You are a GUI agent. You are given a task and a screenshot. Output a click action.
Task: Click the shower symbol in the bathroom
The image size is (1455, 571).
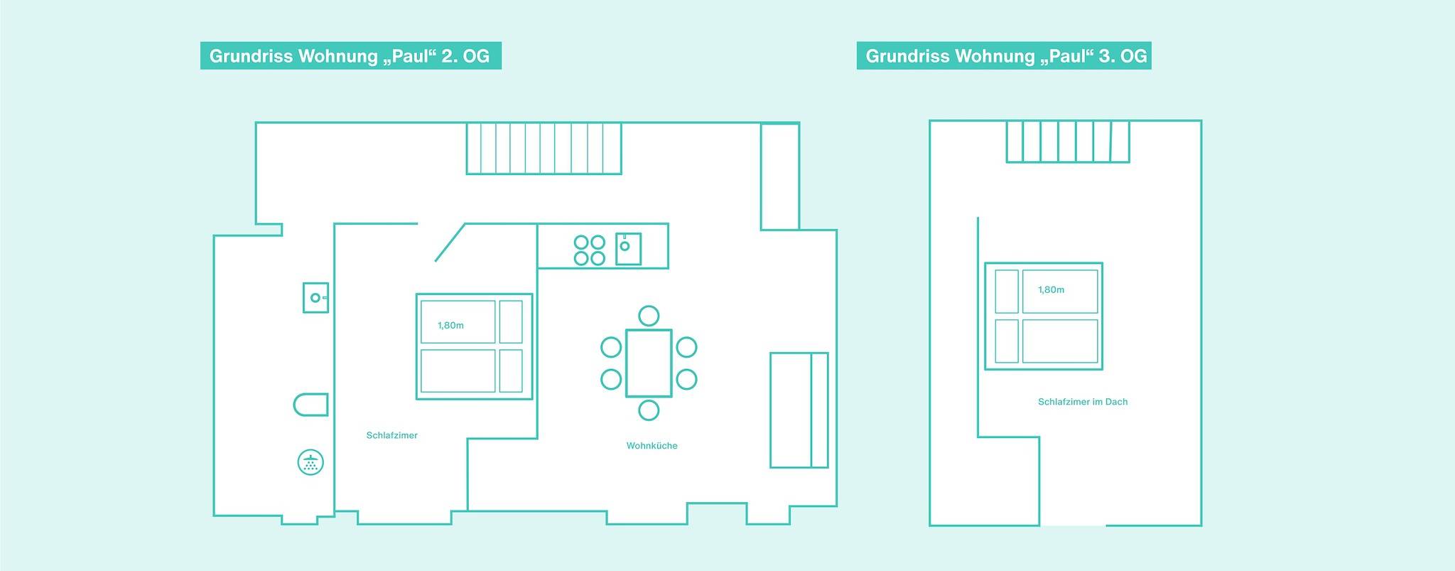click(310, 463)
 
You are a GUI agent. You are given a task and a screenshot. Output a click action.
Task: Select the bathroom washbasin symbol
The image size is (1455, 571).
click(315, 297)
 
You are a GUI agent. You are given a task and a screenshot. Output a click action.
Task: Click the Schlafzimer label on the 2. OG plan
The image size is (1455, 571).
click(391, 435)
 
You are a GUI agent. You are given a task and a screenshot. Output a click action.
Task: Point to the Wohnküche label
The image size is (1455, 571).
click(651, 446)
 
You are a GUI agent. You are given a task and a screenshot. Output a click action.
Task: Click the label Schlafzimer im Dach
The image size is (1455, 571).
click(1082, 402)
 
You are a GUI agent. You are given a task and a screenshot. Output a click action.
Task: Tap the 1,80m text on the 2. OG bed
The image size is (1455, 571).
click(450, 326)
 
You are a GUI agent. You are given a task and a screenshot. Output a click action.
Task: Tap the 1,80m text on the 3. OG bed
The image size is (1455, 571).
click(1051, 290)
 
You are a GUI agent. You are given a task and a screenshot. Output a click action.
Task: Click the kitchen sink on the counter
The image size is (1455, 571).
click(628, 249)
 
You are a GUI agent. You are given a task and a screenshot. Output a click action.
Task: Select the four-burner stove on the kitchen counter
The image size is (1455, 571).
click(589, 250)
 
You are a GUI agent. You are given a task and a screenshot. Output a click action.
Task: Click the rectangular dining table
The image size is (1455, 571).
click(648, 363)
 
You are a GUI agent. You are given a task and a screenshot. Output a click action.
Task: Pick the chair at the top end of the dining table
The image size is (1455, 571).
click(648, 315)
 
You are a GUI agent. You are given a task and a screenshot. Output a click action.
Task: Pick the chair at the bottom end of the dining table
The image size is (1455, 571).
click(648, 410)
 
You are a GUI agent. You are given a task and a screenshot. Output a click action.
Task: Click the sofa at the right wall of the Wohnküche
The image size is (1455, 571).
click(799, 410)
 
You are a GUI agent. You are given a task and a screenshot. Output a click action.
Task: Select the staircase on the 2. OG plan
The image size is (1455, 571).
click(543, 148)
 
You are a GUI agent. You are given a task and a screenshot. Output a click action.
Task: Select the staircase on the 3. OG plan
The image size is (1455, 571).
click(1067, 141)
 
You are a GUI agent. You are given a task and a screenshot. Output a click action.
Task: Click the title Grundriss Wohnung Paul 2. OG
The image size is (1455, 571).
click(350, 56)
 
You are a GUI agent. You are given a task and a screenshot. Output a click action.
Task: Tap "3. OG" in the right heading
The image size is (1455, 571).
click(1123, 56)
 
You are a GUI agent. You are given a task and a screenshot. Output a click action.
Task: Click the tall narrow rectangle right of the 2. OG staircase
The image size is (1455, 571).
click(779, 176)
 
